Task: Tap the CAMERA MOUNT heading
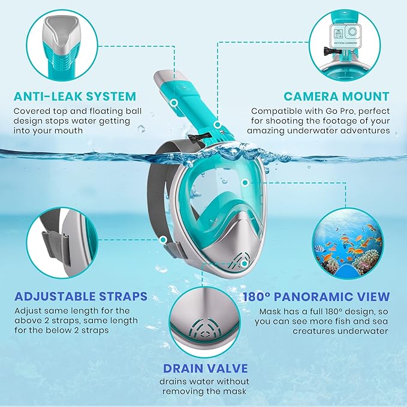[336, 96]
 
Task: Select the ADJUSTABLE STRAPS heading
[80, 297]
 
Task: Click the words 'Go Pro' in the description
[333, 111]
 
